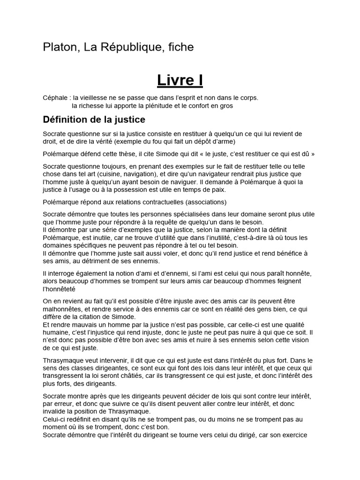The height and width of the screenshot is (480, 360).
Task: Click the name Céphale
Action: (55, 98)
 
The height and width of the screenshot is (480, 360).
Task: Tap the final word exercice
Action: (293, 435)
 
